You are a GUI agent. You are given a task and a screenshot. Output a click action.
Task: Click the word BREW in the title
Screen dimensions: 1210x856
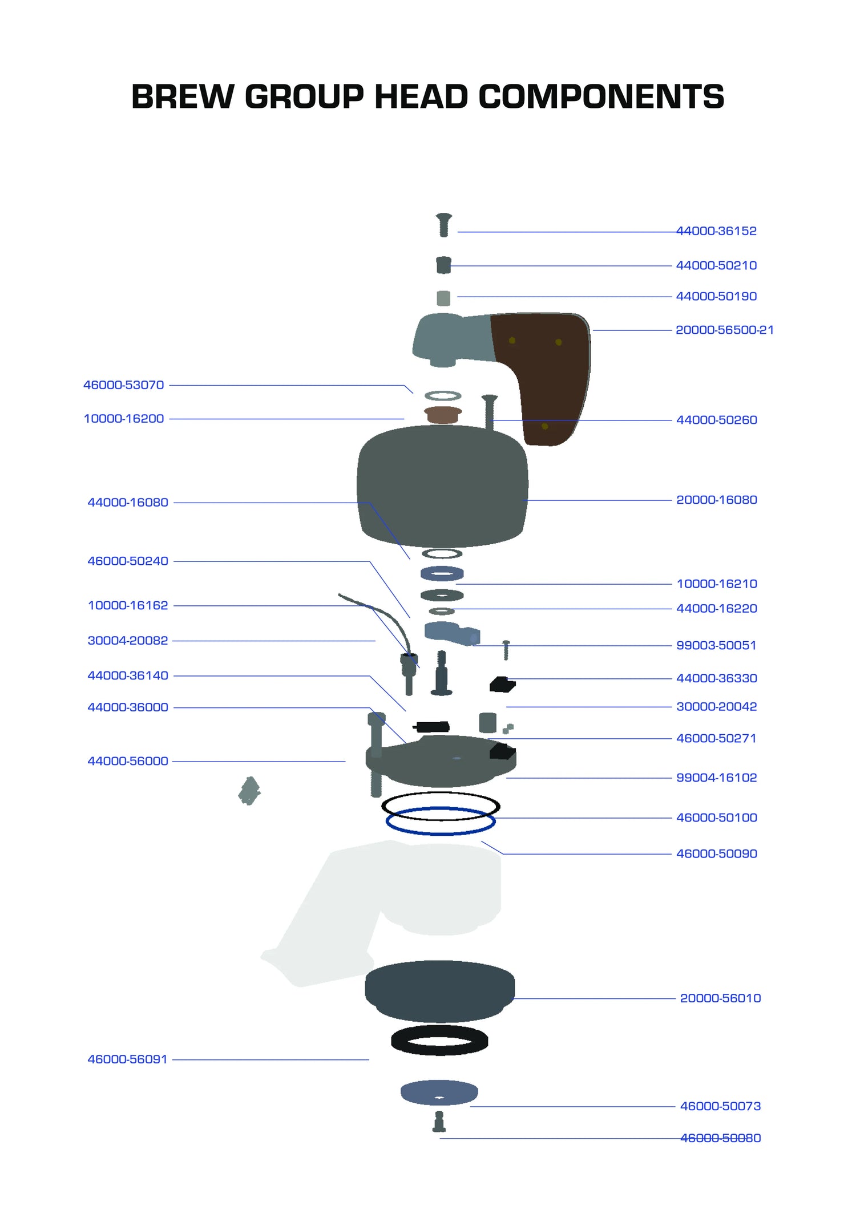[182, 96]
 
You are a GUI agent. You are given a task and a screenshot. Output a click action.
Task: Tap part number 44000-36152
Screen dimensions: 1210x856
[716, 231]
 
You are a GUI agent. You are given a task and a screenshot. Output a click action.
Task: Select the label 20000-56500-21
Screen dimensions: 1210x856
[724, 330]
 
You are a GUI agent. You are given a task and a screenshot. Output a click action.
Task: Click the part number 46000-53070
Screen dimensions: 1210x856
[124, 385]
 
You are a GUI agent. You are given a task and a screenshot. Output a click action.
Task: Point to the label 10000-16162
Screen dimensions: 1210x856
[128, 605]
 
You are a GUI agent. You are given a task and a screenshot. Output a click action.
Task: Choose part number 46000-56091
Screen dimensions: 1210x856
[127, 1059]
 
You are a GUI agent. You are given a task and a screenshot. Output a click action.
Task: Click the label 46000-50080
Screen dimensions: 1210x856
[720, 1138]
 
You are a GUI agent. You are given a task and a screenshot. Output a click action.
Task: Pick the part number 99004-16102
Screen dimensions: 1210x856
[716, 778]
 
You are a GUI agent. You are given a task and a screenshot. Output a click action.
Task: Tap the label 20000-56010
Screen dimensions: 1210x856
[720, 998]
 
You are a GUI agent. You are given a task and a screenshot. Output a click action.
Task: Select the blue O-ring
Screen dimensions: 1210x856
[441, 822]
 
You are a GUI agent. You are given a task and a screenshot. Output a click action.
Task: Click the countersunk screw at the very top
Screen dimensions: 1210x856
[444, 225]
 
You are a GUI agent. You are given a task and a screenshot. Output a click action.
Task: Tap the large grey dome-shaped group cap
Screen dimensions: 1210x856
[442, 485]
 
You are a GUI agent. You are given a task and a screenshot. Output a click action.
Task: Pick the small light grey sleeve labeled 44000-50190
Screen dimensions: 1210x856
[443, 298]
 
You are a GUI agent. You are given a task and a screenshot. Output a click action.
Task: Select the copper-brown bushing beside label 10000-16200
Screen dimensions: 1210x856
[442, 415]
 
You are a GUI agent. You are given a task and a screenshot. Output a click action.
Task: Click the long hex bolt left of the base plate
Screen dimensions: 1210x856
[376, 753]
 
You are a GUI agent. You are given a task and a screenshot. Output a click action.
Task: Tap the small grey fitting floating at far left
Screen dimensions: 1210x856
[249, 791]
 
